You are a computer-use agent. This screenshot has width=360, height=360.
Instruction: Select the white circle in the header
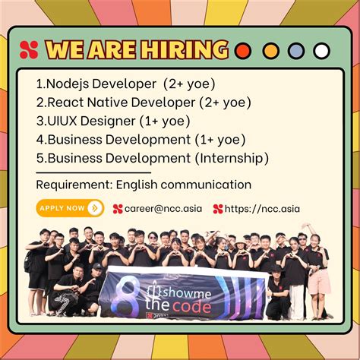pyautogui.click(x=321, y=52)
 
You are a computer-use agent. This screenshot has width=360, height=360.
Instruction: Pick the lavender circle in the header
pyautogui.click(x=295, y=52)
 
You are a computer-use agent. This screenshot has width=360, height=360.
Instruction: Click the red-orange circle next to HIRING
pyautogui.click(x=243, y=52)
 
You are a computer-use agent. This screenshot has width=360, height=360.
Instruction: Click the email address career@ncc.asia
pyautogui.click(x=163, y=208)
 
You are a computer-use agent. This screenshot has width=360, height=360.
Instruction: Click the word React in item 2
pyautogui.click(x=67, y=102)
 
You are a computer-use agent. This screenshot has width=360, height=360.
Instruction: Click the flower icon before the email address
pyautogui.click(x=118, y=208)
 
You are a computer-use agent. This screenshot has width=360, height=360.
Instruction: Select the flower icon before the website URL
pyautogui.click(x=218, y=208)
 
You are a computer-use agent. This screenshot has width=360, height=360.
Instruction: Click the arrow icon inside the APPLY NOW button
pyautogui.click(x=95, y=207)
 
